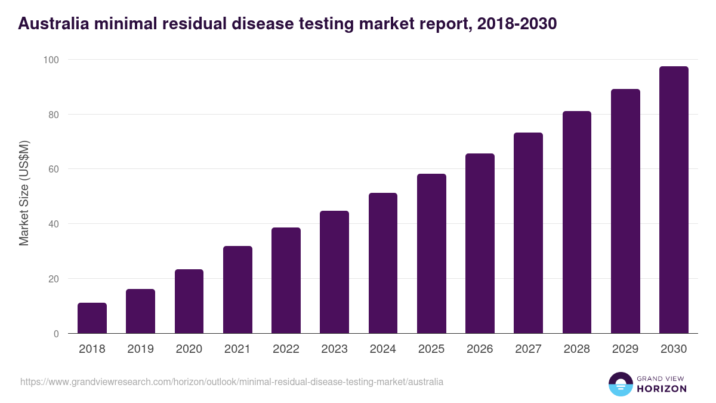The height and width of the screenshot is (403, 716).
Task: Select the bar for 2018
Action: point(92,318)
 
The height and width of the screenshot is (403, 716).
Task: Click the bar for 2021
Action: point(237,290)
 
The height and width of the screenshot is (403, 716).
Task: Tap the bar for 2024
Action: point(383,263)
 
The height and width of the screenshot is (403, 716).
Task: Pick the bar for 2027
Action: point(528,233)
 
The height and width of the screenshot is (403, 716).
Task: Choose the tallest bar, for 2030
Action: point(674,200)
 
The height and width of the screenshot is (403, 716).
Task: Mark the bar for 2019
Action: point(140,311)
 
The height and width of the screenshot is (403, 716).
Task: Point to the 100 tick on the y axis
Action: point(51,60)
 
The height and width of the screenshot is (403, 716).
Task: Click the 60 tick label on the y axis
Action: point(54,170)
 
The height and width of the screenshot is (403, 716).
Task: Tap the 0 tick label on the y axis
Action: point(56,334)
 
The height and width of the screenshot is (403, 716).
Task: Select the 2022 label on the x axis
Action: point(286,349)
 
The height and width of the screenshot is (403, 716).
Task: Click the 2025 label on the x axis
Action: point(431,349)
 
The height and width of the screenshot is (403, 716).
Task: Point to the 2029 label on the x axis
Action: point(625,349)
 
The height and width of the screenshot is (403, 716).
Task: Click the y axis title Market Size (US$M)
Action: point(24,193)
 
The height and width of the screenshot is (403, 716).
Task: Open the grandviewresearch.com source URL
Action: point(232,382)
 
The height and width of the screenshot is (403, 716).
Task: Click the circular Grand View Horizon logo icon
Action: point(621,384)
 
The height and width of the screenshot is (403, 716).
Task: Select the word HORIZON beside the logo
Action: point(662,389)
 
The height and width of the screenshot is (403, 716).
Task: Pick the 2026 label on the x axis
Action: point(480,349)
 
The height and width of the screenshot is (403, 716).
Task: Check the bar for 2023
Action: point(334,272)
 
